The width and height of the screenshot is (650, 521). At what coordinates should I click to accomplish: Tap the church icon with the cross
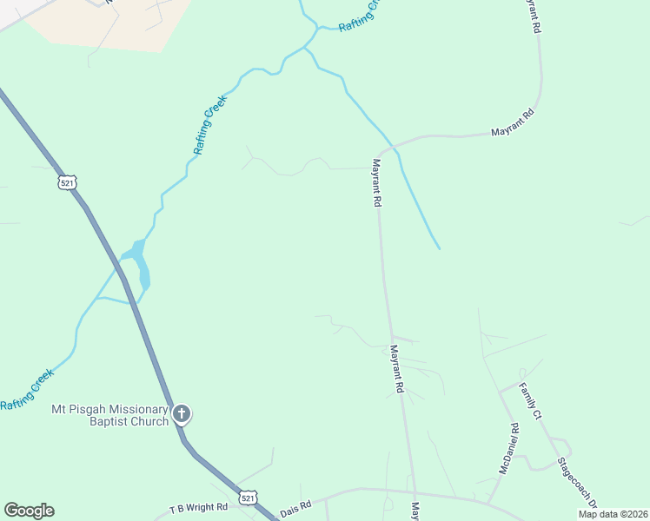click(x=182, y=414)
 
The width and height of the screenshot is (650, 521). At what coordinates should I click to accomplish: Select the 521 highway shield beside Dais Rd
click(x=249, y=498)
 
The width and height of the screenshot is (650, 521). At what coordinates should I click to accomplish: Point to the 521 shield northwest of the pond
click(x=69, y=182)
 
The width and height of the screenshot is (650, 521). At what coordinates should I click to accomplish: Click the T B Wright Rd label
click(x=198, y=506)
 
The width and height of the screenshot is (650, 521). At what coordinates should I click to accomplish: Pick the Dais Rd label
click(x=294, y=505)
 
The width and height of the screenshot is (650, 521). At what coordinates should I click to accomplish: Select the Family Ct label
click(x=531, y=401)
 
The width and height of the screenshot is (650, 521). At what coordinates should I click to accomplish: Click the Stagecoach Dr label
click(x=578, y=482)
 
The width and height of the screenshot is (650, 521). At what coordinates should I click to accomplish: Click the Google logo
click(x=29, y=511)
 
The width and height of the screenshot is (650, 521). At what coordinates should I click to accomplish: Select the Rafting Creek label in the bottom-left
click(x=27, y=389)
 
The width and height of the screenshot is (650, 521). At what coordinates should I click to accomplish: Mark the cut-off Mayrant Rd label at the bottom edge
click(x=415, y=511)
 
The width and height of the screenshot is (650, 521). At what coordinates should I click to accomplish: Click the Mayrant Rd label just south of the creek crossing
click(x=378, y=181)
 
